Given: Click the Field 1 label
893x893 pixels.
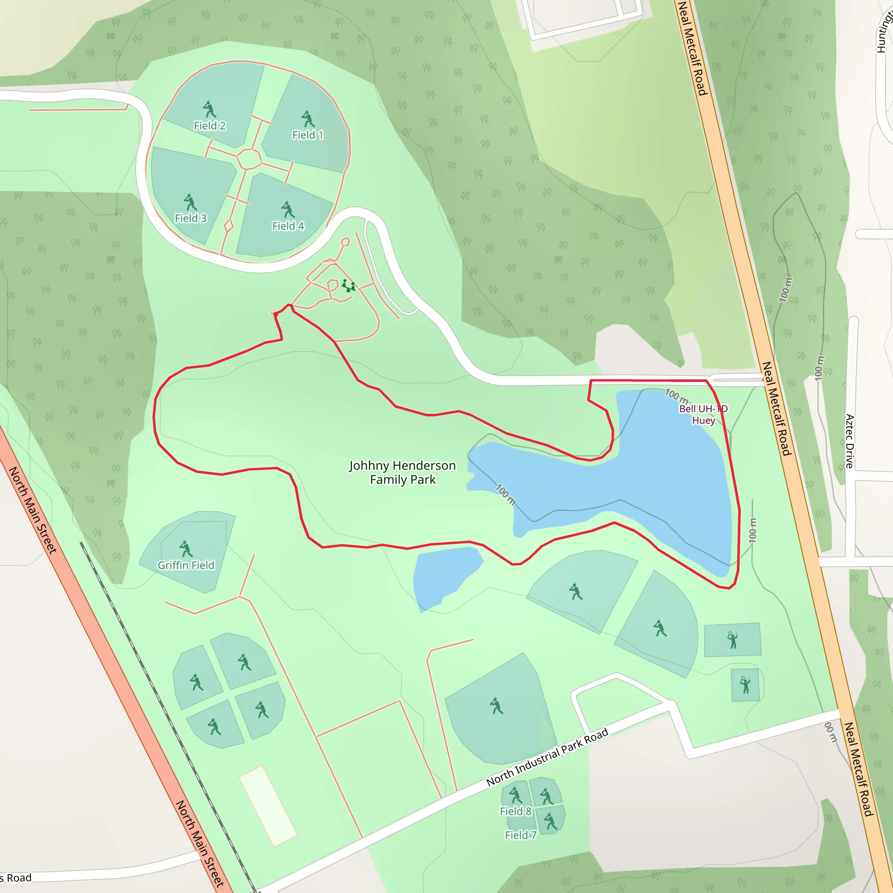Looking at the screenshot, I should (x=307, y=135).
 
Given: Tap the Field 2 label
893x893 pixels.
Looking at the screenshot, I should (x=209, y=126).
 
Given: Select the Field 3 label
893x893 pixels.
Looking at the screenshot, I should (x=191, y=218).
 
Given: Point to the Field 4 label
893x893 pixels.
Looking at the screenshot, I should (x=288, y=226).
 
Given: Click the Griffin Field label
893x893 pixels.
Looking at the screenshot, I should (x=186, y=565).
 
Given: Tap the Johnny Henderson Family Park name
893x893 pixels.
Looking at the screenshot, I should (x=402, y=472).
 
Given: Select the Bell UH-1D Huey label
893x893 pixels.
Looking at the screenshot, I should (x=703, y=415).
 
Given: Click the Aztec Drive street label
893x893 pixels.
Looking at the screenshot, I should (x=849, y=441).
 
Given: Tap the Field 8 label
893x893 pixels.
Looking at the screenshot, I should (x=516, y=811).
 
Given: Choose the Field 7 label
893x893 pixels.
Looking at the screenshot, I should (x=521, y=835).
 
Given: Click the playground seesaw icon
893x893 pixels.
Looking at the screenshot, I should (x=348, y=286).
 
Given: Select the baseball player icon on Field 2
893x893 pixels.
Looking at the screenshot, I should (x=209, y=109).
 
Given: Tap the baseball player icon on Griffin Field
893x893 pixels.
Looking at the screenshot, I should (x=186, y=549).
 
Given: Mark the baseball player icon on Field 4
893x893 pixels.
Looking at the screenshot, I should (x=288, y=210).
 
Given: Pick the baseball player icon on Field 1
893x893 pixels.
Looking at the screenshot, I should (x=308, y=119).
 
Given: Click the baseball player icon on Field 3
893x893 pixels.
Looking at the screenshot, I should (x=190, y=202).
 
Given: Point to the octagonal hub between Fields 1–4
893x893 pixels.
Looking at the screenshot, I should (x=249, y=160).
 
